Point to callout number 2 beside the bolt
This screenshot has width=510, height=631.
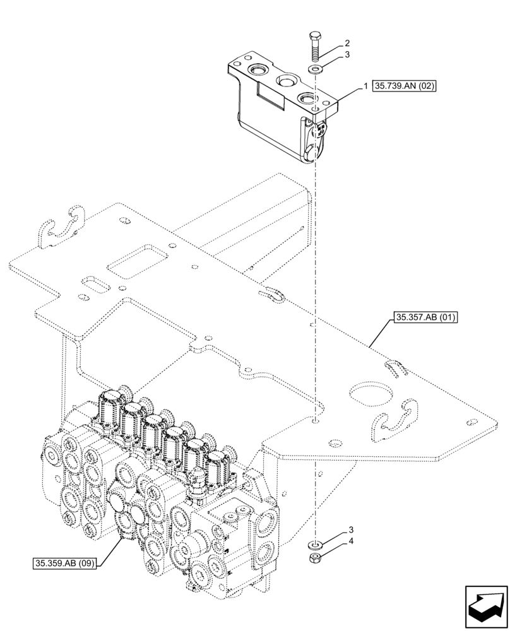347,44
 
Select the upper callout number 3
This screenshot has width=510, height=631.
347,56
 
